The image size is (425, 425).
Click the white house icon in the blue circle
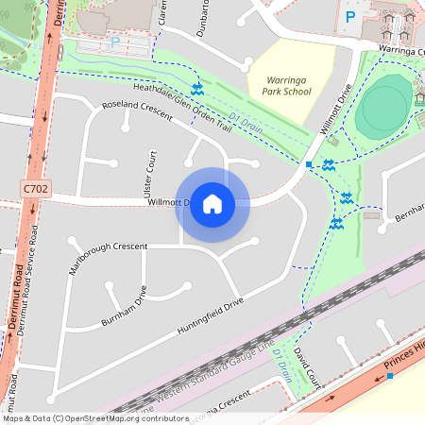(x=212, y=204)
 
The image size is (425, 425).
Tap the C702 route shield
(x=35, y=190)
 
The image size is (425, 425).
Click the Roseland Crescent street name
(x=137, y=110)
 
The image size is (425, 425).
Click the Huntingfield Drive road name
(x=210, y=316)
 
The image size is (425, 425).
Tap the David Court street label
(x=302, y=365)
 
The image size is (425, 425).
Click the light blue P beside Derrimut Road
(x=115, y=42)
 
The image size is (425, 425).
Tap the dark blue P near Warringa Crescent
(x=351, y=16)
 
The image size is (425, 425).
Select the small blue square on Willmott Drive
(x=309, y=165)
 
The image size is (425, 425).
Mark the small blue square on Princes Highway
(x=389, y=375)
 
